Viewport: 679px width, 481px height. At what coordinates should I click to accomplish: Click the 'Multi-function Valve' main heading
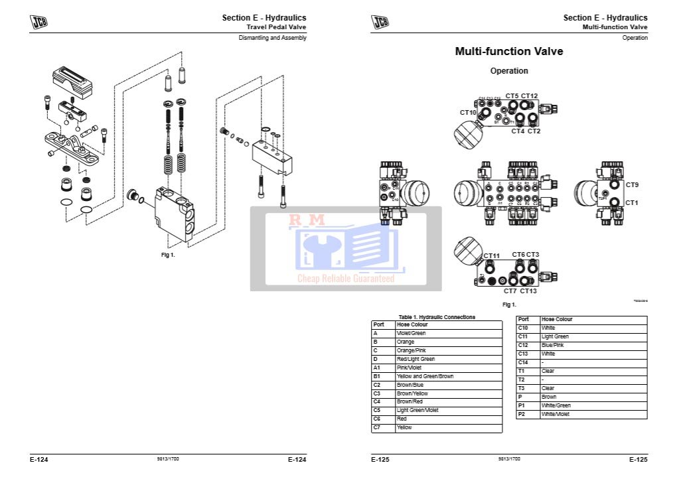[x=508, y=52]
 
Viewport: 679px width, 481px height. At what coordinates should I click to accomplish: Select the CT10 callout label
[x=468, y=113]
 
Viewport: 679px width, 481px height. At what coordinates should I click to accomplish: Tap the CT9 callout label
[x=632, y=185]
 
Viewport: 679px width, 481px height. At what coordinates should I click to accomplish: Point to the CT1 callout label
[x=632, y=202]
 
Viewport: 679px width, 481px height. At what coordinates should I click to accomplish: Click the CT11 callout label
[x=491, y=256]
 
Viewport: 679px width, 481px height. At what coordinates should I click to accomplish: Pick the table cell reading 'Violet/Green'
[x=411, y=333]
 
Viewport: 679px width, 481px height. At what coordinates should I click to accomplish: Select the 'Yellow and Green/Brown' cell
[x=425, y=376]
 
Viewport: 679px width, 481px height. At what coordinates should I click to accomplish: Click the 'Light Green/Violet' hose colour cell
[x=417, y=411]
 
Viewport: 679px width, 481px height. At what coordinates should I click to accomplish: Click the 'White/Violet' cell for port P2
[x=556, y=414]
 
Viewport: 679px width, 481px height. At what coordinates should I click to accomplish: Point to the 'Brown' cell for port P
[x=549, y=397]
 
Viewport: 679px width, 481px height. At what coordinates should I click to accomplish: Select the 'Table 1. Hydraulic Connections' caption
[x=437, y=317]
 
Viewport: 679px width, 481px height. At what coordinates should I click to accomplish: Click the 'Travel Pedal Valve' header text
[x=276, y=27]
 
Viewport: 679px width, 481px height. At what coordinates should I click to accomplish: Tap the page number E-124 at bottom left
[x=39, y=459]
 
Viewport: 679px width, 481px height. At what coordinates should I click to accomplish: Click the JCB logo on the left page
[x=38, y=22]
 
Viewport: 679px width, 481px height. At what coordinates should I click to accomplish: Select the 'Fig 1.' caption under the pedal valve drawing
[x=168, y=255]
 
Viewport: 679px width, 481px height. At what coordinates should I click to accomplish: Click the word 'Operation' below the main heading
[x=509, y=71]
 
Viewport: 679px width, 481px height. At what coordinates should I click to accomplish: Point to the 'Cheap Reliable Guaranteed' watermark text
[x=345, y=279]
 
